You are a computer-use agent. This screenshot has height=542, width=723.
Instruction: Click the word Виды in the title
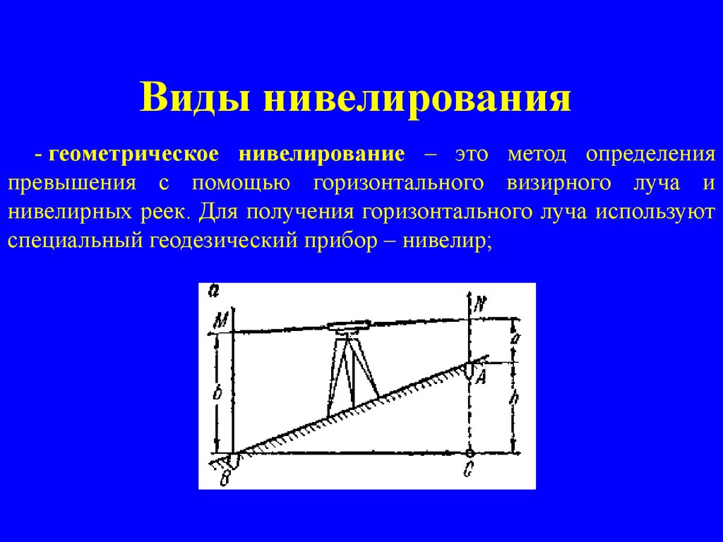click(x=195, y=97)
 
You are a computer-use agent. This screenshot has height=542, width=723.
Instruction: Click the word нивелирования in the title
click(x=417, y=97)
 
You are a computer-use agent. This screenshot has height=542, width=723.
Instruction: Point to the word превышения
click(x=72, y=183)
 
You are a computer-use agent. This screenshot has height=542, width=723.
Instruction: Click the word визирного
click(x=559, y=183)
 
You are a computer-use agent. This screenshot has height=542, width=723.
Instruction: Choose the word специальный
click(x=74, y=241)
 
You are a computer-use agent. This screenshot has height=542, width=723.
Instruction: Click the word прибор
click(x=340, y=241)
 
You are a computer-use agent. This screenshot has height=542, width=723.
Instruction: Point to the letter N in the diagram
click(x=480, y=305)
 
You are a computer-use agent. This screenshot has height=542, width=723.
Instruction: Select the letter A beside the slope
click(x=481, y=378)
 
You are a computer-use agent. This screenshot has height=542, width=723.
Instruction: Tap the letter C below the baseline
click(x=469, y=469)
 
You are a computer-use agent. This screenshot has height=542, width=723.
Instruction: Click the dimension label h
click(x=516, y=397)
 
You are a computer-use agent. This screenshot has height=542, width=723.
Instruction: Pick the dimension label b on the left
click(x=218, y=392)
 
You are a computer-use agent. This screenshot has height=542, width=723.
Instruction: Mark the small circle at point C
click(x=470, y=452)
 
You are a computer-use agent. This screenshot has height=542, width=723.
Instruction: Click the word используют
click(x=655, y=212)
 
